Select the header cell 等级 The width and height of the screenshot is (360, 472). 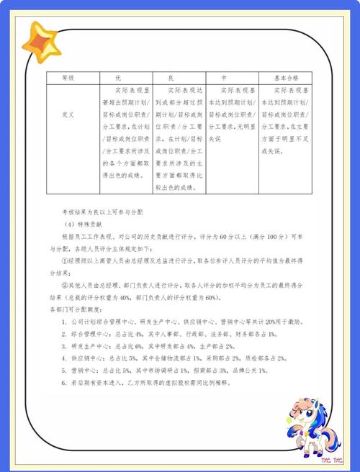pyautogui.click(x=68, y=78)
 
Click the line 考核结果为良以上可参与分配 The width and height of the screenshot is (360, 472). pyautogui.click(x=102, y=212)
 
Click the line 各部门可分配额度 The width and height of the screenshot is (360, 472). pyautogui.click(x=77, y=309)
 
